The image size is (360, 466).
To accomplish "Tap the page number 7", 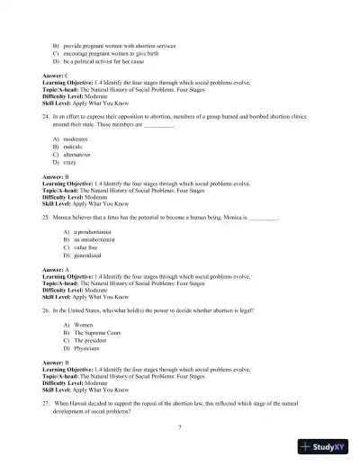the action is [181, 437].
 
